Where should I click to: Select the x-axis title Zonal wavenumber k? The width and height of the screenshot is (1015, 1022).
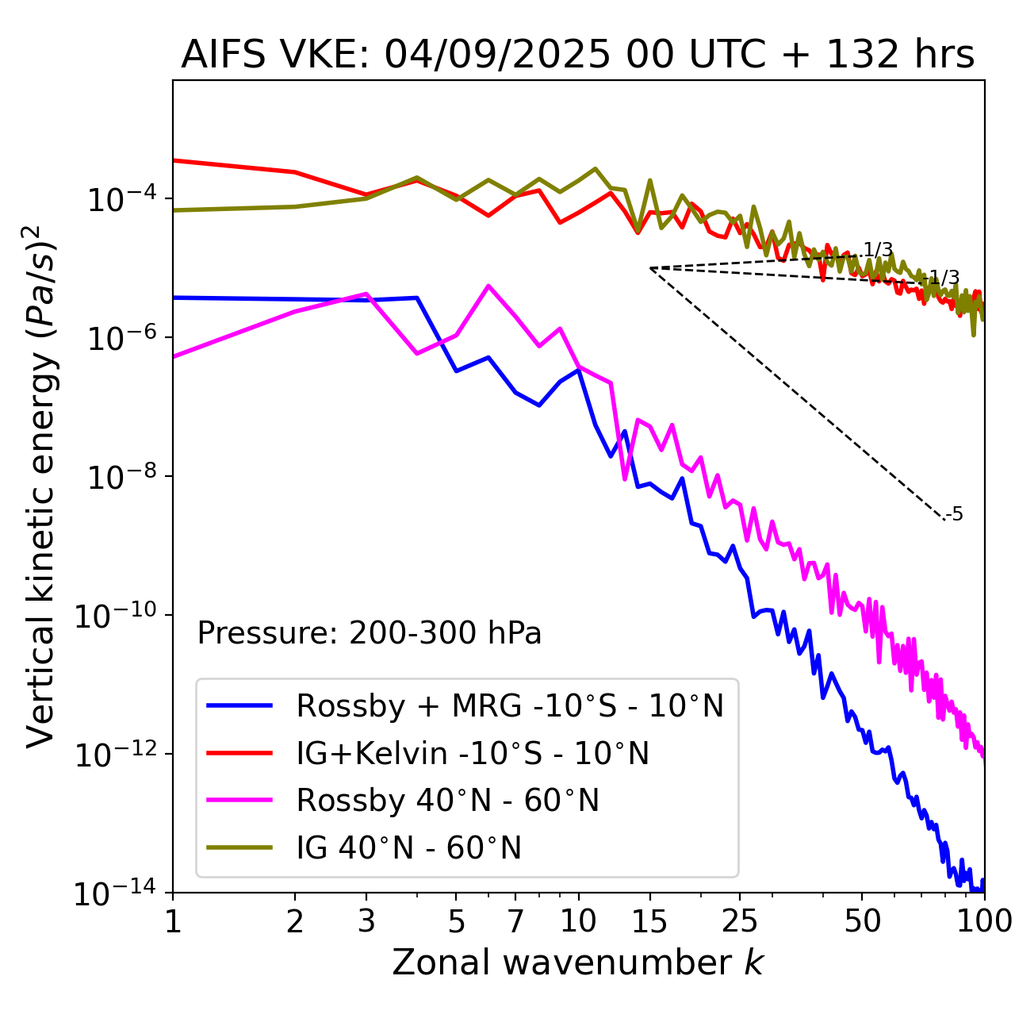(577, 962)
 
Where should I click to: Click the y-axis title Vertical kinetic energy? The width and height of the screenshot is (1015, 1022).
(41, 486)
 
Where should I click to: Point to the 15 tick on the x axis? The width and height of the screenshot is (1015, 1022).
(650, 920)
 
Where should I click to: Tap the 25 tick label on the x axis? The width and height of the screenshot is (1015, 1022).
(739, 920)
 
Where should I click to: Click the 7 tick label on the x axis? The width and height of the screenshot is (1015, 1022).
(515, 920)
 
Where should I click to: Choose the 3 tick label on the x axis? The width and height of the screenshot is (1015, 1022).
(366, 920)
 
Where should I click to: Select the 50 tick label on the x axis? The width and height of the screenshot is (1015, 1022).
(862, 920)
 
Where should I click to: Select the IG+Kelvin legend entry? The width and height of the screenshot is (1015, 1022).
(473, 753)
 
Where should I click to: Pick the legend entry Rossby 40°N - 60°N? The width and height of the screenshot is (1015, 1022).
(447, 801)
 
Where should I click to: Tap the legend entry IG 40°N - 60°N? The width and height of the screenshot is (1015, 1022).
(408, 848)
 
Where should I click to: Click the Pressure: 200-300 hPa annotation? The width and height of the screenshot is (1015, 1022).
(370, 633)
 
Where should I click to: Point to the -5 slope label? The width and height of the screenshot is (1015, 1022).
(955, 515)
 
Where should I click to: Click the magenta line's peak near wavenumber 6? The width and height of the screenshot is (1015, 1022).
(488, 286)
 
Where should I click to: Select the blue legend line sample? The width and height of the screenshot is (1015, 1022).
(239, 705)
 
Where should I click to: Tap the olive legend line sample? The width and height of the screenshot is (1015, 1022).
(239, 848)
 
